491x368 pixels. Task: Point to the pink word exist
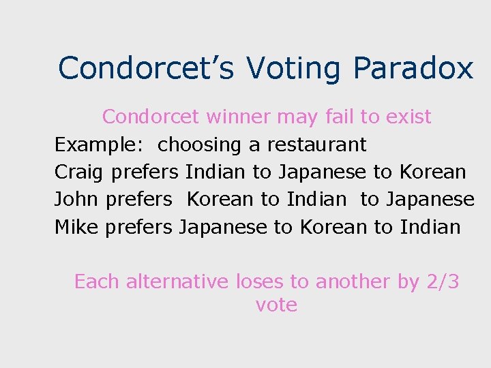[x=408, y=117]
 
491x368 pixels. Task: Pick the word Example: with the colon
[x=100, y=144]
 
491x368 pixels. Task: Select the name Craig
[x=79, y=172]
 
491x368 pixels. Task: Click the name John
[x=76, y=199]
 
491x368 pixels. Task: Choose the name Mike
[x=77, y=226]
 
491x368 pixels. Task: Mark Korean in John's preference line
[x=220, y=199]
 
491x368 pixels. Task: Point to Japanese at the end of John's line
[x=430, y=199]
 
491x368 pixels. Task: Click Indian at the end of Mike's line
[x=430, y=226]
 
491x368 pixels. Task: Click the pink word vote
[x=276, y=305]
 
